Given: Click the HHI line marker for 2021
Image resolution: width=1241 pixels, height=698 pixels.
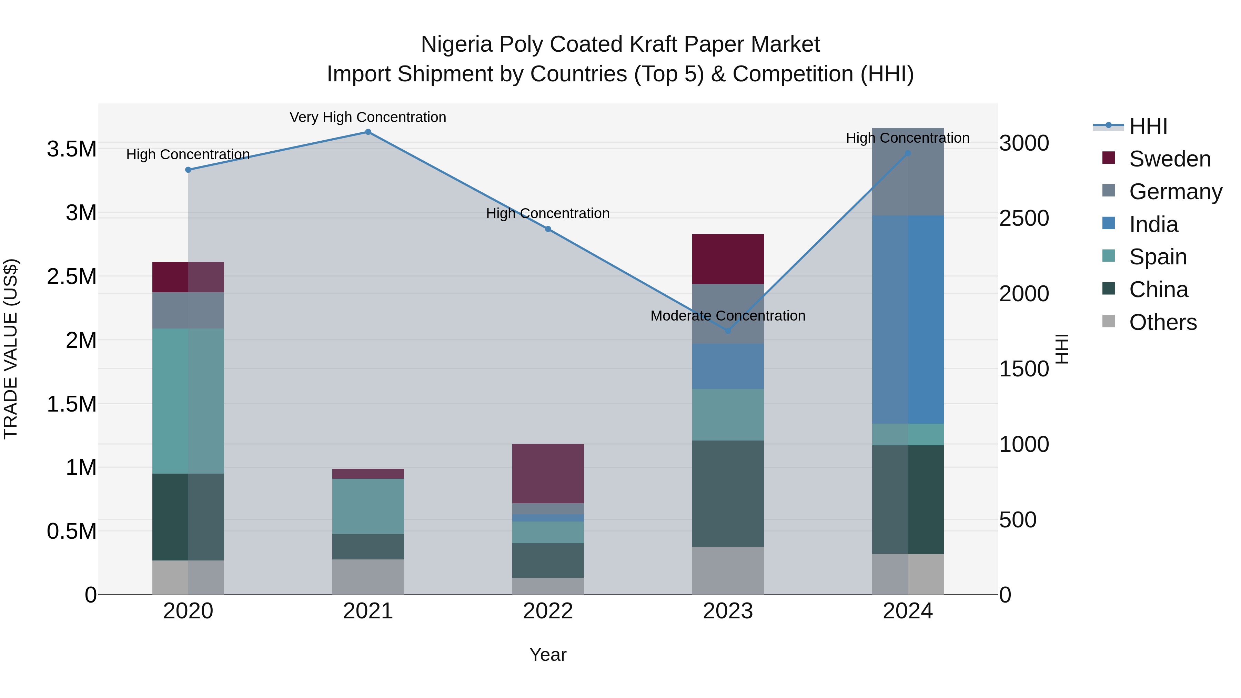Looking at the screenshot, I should click(368, 132).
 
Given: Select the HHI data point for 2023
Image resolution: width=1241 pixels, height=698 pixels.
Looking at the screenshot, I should click(728, 331).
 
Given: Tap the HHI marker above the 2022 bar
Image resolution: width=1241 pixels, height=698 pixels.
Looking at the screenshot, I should click(548, 229).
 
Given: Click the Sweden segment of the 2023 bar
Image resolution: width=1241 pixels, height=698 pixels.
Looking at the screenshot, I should click(728, 259).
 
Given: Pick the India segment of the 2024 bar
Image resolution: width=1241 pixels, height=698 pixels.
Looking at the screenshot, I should click(908, 320).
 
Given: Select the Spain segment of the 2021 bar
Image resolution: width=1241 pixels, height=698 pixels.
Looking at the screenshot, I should click(368, 506).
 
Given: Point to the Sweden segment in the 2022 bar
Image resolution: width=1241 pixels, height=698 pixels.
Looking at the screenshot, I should click(548, 474).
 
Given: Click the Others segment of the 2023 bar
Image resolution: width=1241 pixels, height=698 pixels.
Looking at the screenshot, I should click(728, 570).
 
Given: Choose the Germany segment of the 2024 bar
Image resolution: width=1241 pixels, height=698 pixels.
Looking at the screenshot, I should click(908, 172).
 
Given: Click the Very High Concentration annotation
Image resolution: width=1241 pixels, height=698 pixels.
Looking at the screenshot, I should click(368, 118).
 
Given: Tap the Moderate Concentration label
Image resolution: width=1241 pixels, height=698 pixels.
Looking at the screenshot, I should click(728, 316).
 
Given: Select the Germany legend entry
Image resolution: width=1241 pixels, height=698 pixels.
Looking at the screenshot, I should click(1176, 192).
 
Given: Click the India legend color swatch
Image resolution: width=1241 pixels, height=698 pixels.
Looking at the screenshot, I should click(1109, 223).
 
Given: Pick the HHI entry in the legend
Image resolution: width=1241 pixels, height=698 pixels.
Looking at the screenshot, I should click(1148, 126).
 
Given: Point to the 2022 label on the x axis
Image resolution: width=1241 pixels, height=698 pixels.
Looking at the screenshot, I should click(548, 611).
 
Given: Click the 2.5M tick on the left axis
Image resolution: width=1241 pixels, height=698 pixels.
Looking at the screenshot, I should click(72, 277).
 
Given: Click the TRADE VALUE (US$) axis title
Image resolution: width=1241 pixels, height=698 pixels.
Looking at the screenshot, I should click(11, 349).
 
